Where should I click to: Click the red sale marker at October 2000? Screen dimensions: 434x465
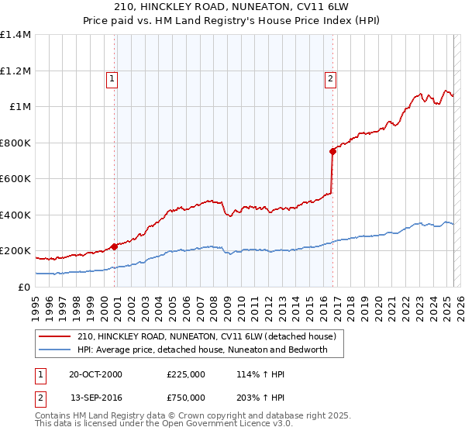pos(115,246)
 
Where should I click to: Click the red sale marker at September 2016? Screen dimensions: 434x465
pos(332,152)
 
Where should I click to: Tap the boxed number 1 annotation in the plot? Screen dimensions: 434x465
pos(112,77)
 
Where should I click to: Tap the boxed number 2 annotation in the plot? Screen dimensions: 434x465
pos(330,77)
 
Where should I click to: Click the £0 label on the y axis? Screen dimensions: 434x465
pos(25,288)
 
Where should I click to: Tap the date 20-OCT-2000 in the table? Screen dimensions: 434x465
pos(95,374)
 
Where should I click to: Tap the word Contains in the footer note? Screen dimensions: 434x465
pos(54,415)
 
